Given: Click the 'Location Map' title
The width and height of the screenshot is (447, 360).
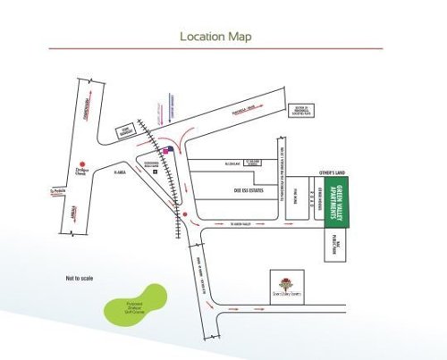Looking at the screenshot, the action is pyautogui.click(x=215, y=37).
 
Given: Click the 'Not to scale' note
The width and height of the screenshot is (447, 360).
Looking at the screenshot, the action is pyautogui.click(x=80, y=280).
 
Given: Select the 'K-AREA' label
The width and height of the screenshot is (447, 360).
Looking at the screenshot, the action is pyautogui.click(x=123, y=172).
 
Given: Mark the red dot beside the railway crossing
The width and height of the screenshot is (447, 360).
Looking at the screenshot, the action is pyautogui.click(x=183, y=215).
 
